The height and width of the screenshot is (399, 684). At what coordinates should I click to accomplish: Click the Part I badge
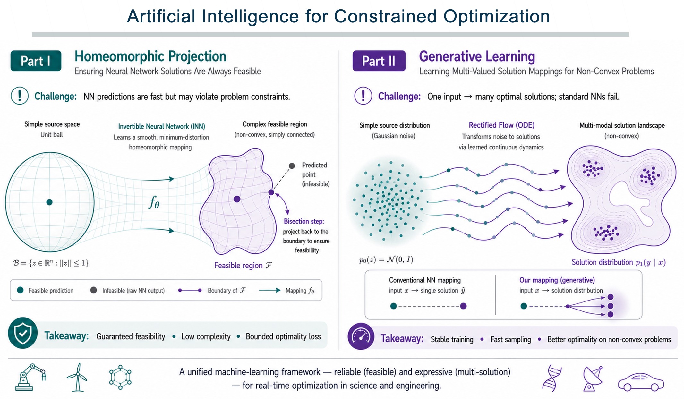(x=36, y=61)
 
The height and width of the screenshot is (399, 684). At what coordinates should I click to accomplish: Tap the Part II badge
(x=379, y=61)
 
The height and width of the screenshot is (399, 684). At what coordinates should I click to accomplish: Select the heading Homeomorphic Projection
(x=150, y=56)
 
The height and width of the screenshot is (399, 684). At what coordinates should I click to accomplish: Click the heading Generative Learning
(x=477, y=57)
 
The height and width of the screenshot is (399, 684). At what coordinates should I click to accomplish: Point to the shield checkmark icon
(x=23, y=333)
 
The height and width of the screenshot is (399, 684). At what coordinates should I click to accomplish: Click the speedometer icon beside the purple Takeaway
(x=361, y=336)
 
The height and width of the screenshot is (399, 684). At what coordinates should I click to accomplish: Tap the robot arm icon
(x=31, y=377)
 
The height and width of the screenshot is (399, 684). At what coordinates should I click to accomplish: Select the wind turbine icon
(x=77, y=377)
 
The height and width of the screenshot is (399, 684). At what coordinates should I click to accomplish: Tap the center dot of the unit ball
(x=49, y=202)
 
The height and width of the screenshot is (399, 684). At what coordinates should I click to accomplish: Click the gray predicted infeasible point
(x=292, y=166)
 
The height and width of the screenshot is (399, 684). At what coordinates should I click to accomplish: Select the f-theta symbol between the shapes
(x=154, y=202)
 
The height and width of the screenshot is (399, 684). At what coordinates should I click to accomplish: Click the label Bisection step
(x=304, y=221)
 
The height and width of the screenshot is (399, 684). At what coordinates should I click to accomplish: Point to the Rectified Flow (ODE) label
(x=501, y=125)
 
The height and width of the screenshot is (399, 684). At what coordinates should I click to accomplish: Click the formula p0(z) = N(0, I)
(x=386, y=259)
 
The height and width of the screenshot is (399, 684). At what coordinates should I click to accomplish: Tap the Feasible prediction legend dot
(x=20, y=290)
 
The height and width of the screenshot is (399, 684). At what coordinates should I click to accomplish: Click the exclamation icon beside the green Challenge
(x=20, y=96)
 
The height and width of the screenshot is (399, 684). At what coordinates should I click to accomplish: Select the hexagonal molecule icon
(x=120, y=377)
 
